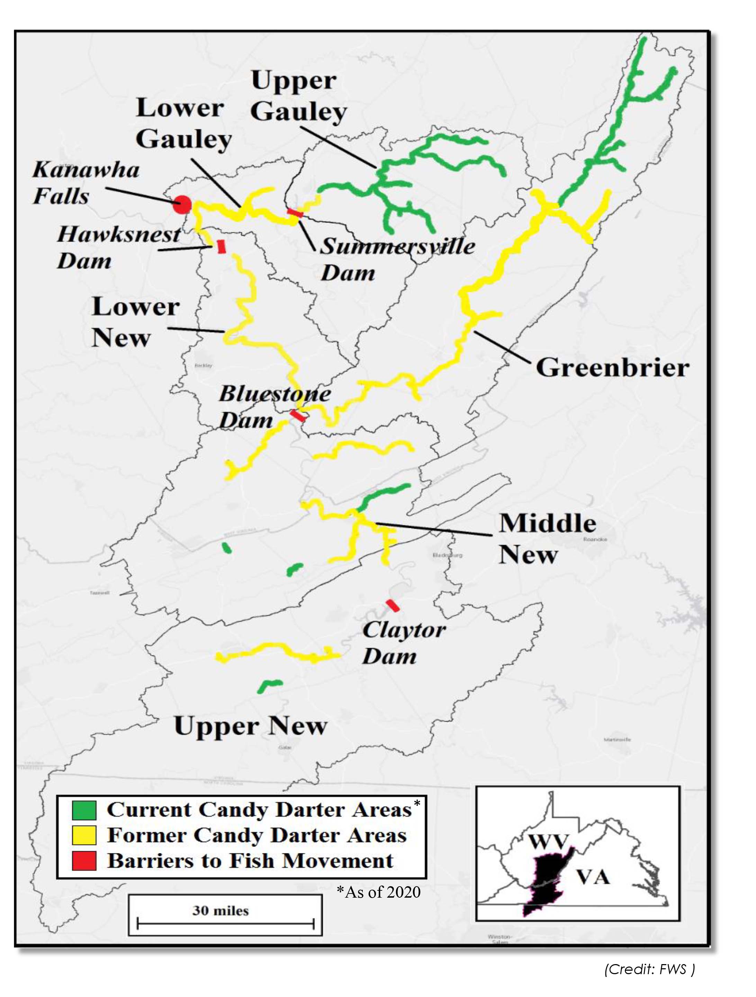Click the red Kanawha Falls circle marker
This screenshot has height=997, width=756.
point(182,205)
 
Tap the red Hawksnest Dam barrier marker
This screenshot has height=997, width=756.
point(221,246)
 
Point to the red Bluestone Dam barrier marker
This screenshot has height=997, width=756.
point(298,415)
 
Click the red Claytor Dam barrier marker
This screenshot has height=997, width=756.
point(393,605)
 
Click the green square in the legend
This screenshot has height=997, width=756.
point(84,810)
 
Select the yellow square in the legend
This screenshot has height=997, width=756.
point(84,835)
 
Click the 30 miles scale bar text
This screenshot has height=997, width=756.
point(220,910)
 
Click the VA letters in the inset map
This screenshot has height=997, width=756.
point(593,877)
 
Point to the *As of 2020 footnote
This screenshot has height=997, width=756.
point(379,891)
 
